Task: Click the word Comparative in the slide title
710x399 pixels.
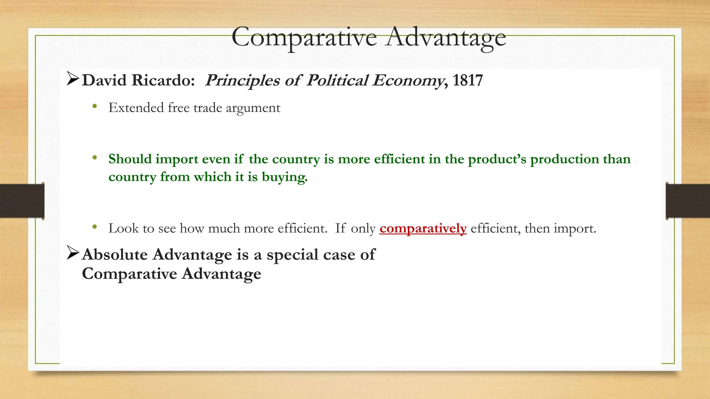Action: [x=304, y=37]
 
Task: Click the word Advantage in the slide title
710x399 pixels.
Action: [x=446, y=37]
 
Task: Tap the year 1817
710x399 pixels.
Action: [x=467, y=80]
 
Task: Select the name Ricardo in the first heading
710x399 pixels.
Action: [x=163, y=80]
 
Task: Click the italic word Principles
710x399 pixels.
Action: [x=242, y=80]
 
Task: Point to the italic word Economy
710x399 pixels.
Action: [x=408, y=80]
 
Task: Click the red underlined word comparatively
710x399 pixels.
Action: [x=423, y=228]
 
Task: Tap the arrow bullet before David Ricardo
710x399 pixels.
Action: [x=73, y=79]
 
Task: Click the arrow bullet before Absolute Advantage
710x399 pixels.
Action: [x=73, y=253]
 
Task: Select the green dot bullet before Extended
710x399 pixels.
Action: [x=95, y=107]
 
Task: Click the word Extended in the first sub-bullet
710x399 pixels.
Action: [x=136, y=108]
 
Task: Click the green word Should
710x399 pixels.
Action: [x=130, y=159]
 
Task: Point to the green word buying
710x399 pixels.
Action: [x=284, y=177]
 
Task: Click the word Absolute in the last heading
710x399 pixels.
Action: [x=115, y=255]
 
